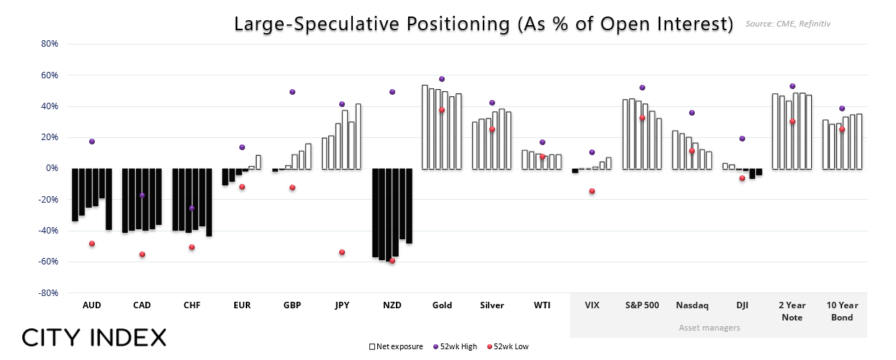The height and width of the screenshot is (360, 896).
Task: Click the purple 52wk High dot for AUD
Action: [92, 142]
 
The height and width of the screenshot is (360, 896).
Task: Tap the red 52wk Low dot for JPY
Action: [342, 252]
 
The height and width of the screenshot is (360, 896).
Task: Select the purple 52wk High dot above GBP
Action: [292, 92]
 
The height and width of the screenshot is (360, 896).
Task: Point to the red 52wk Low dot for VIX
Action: [592, 191]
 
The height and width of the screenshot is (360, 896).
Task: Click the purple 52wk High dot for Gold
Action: [442, 79]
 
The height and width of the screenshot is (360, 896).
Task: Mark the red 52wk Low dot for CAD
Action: [142, 254]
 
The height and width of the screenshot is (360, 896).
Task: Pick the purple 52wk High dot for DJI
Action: [742, 139]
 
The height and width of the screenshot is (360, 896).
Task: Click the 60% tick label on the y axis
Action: [50, 75]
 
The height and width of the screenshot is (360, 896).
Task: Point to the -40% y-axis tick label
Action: [48, 231]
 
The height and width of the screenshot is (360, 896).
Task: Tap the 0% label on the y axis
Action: [52, 168]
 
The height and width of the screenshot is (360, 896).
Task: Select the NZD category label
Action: [392, 305]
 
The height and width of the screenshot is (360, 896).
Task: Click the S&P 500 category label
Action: [642, 305]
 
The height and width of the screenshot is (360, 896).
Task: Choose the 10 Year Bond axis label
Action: [842, 311]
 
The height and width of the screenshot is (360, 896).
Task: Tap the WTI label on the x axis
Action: [542, 305]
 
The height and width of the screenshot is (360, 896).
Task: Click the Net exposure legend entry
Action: [396, 347]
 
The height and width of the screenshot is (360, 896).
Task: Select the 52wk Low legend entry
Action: [508, 347]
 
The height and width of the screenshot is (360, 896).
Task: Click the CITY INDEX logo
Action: [94, 338]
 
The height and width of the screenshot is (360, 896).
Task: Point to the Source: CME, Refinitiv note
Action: [788, 24]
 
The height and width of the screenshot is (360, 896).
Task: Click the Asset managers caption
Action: [710, 328]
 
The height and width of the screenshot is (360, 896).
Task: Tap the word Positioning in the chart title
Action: [458, 24]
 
